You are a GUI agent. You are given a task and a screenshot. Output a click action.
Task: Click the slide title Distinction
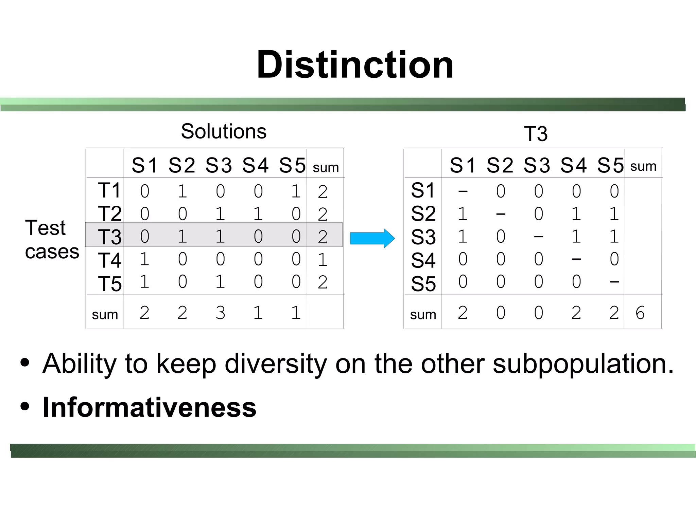coord(355,64)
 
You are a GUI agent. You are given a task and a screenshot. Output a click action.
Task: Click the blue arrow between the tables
coord(372,238)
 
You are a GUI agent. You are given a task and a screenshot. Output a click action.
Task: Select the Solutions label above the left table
coord(224,131)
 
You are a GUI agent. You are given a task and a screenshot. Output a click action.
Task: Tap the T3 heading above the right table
coord(536,134)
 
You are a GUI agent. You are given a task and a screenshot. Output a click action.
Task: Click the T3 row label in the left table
coord(109,237)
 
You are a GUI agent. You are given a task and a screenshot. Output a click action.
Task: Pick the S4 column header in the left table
coord(255,166)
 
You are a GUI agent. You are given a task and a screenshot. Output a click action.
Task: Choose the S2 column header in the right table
coord(500,166)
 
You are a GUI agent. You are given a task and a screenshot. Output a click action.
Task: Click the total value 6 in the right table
coord(640,313)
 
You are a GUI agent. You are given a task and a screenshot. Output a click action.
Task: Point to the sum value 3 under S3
coord(220,313)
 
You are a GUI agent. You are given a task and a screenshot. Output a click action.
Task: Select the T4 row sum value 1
coord(323,260)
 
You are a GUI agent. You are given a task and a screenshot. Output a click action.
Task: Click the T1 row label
coord(109,190)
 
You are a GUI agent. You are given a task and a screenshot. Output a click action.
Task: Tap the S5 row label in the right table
coord(423,284)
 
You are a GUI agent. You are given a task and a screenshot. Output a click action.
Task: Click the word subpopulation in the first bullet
coord(582,364)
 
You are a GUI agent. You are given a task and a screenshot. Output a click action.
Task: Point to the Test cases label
coord(52,239)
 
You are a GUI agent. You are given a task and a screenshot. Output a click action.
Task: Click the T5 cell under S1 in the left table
coord(144,282)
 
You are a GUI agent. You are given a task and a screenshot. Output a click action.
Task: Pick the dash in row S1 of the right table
coord(463,191)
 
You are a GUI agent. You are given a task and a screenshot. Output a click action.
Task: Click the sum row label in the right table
coord(423,315)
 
